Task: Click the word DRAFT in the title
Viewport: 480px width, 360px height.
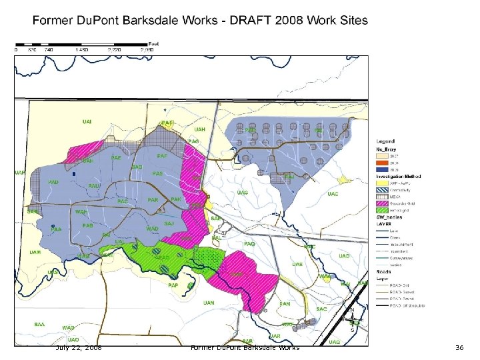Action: click(x=249, y=20)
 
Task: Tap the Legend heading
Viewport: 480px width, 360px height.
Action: click(x=385, y=141)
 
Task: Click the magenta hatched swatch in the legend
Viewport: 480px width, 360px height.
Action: click(x=379, y=203)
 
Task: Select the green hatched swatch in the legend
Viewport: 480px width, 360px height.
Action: click(x=379, y=211)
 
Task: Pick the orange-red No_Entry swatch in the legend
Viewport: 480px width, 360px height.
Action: click(x=379, y=161)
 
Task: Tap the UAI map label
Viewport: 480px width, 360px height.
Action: click(x=87, y=121)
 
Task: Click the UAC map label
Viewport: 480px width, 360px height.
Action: click(x=333, y=194)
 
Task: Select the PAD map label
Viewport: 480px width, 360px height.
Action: click(x=53, y=182)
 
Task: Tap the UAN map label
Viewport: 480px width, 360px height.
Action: click(x=209, y=303)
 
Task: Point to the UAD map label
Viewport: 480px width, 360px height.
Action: click(x=344, y=256)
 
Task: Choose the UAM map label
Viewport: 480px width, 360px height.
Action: click(x=35, y=252)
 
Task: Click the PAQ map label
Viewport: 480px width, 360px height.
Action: click(x=249, y=245)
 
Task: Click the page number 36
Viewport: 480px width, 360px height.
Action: click(x=459, y=348)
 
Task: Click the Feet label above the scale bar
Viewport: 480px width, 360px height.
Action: click(x=152, y=43)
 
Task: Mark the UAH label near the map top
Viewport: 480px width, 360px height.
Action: click(x=199, y=129)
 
